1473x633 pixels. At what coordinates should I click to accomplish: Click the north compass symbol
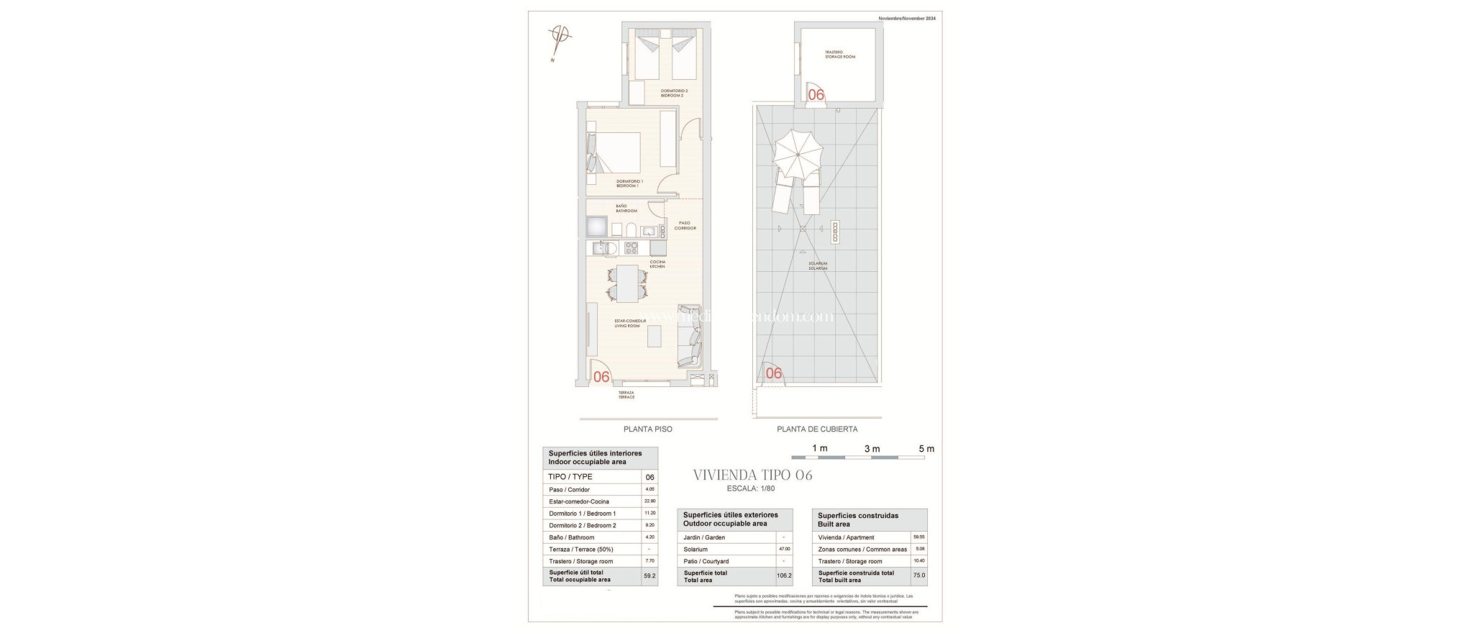pos(560,35)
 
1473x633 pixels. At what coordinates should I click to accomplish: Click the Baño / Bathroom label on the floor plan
pos(626,209)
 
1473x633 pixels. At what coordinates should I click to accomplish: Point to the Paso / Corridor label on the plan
pos(685,225)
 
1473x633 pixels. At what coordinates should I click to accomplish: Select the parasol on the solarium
pos(798,153)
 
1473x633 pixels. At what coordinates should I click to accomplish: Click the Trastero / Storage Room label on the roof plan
pos(839,54)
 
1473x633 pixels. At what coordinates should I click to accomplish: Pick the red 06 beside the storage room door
pos(816,94)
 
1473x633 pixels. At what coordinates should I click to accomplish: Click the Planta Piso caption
pos(647,429)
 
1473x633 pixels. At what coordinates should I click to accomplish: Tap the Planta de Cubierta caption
pos(817,429)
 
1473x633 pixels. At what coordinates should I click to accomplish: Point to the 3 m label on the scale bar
pos(872,449)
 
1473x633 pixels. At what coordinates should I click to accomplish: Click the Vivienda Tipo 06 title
pos(752,475)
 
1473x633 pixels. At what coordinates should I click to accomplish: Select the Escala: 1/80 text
pos(750,488)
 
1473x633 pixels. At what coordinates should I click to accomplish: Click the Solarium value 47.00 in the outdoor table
pos(784,549)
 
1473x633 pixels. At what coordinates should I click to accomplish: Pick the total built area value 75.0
pos(919,575)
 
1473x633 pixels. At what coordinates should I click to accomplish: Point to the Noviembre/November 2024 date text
pos(907,18)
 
